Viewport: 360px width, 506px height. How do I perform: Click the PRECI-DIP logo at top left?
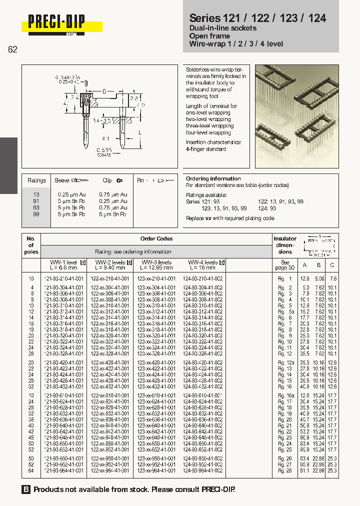tap(56, 23)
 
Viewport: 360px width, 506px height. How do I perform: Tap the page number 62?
tap(12, 49)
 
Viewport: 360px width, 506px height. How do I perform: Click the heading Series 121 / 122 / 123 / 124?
tap(257, 18)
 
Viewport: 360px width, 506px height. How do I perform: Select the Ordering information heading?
tap(213, 178)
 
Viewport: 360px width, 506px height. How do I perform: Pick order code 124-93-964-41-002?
tap(202, 470)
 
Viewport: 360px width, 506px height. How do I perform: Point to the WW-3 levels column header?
tap(156, 262)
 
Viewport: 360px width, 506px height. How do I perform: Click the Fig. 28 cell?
tap(285, 470)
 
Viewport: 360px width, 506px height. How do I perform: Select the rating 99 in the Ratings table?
tap(36, 214)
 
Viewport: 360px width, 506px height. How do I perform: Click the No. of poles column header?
tap(31, 245)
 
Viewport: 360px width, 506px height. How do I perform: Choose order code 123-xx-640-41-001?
tap(156, 425)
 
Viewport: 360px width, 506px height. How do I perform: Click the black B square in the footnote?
tap(26, 489)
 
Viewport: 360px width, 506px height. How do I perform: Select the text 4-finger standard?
tap(206, 149)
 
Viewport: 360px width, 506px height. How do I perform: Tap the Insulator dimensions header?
tap(285, 245)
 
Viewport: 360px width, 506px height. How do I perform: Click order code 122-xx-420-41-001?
tap(110, 362)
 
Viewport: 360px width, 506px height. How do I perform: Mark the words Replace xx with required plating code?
tap(230, 218)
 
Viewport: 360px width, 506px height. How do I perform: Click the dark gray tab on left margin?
tap(8, 165)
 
